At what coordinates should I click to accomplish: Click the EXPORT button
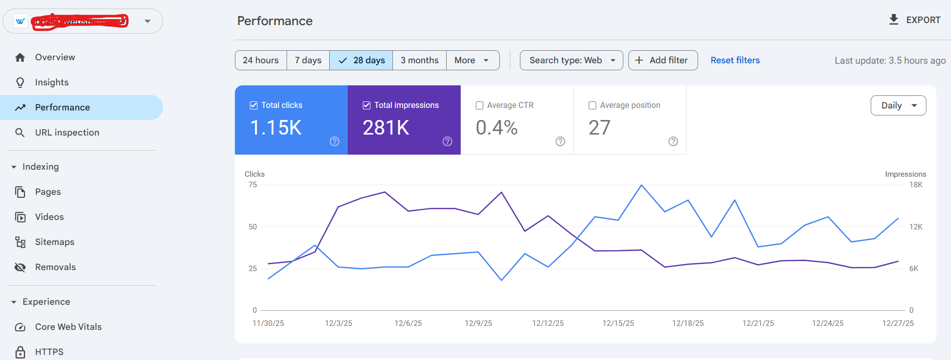(x=914, y=20)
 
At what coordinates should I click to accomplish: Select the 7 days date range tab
(x=308, y=60)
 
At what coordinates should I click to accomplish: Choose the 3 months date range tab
(x=420, y=60)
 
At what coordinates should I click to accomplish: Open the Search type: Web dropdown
(x=571, y=60)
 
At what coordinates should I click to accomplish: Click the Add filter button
(x=662, y=60)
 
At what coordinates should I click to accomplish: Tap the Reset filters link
(x=735, y=60)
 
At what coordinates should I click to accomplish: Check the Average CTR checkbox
(x=479, y=105)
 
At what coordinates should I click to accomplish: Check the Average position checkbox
(x=592, y=105)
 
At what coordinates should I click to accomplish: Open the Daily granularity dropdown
(x=898, y=105)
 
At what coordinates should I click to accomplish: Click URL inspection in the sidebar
(x=67, y=133)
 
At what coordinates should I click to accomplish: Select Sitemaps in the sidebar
(x=54, y=242)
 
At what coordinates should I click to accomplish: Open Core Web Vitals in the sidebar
(x=68, y=327)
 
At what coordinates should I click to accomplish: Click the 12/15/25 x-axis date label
(x=618, y=323)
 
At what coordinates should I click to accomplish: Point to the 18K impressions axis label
(x=915, y=185)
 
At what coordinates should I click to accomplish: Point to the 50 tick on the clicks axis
(x=252, y=227)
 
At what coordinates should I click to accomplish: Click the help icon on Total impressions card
(x=447, y=142)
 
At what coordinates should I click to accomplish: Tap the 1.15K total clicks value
(x=276, y=128)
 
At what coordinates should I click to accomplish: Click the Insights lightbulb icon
(x=20, y=82)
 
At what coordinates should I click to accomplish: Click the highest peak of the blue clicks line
(x=641, y=185)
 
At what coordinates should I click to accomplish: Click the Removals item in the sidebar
(x=55, y=267)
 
